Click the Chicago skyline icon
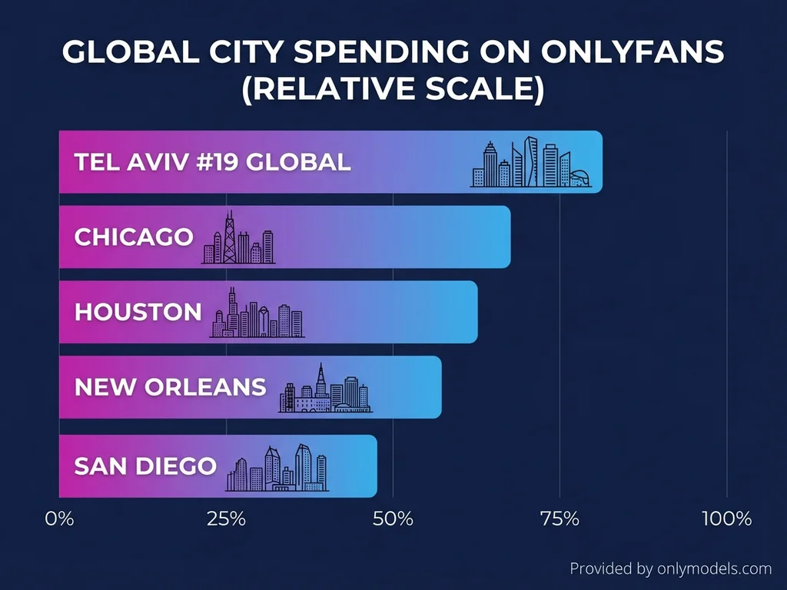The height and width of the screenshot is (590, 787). pos(237,239)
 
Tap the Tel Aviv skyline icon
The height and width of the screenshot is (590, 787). pos(531,164)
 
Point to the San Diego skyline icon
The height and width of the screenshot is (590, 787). pos(277,468)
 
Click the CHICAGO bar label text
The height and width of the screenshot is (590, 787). pos(134,237)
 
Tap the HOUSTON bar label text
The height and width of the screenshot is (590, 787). pos(138,312)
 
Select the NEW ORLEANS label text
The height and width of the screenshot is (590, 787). pos(170,387)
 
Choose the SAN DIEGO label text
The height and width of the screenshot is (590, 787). pos(145,466)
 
